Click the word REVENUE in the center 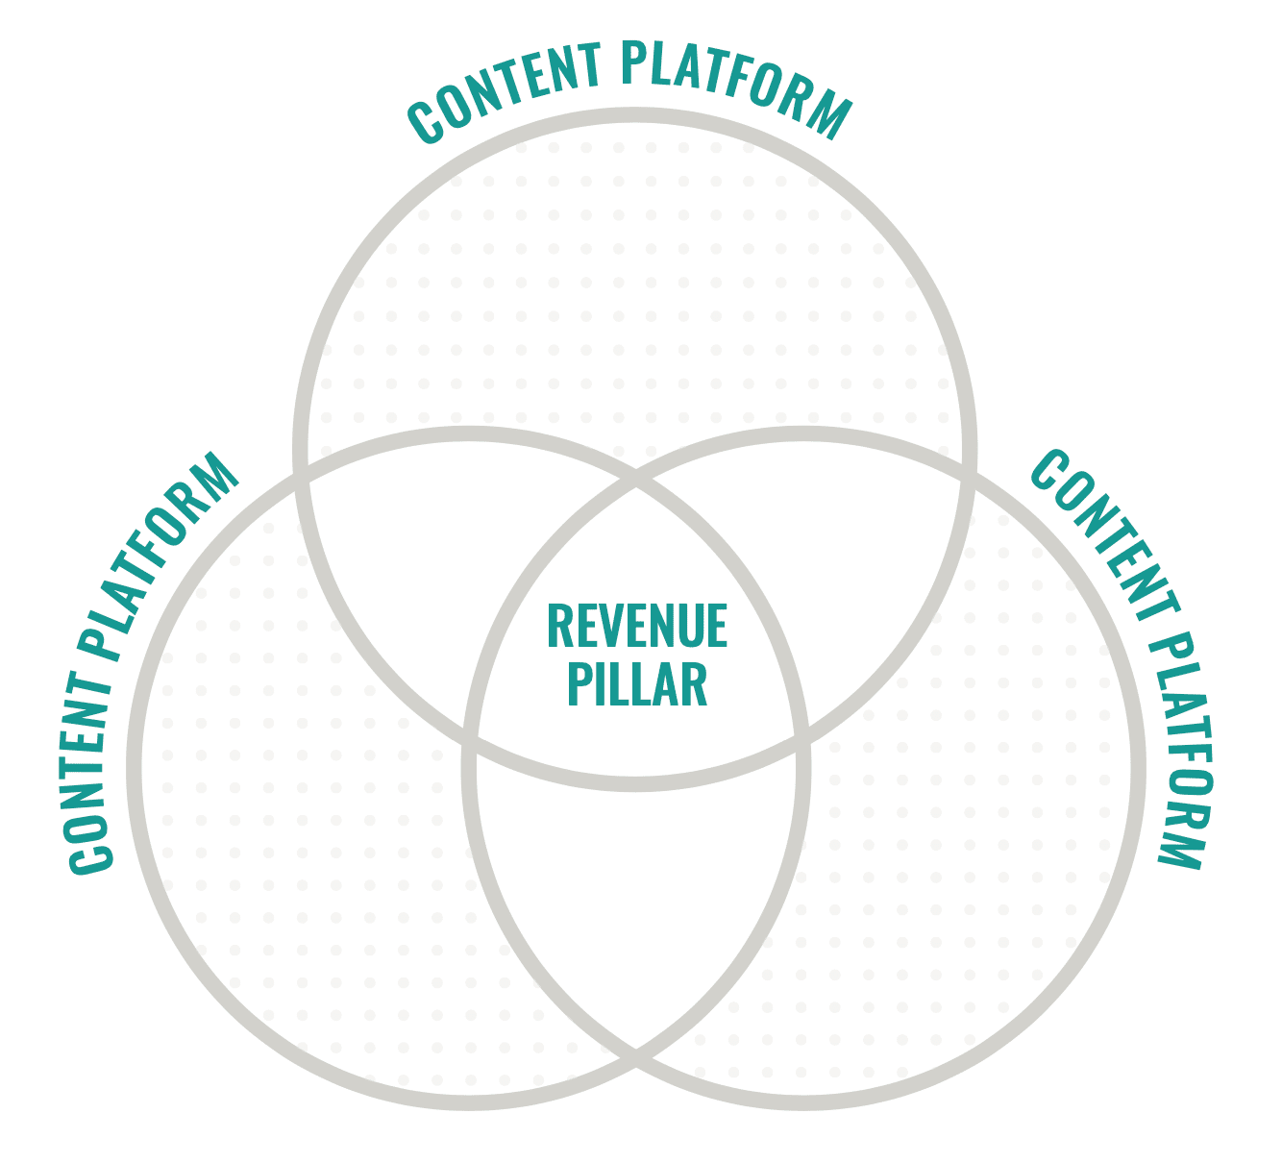[637, 626]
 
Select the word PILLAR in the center [637, 683]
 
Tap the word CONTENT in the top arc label [505, 91]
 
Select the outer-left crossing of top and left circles [301, 472]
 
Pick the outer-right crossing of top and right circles [970, 472]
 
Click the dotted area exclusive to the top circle [636, 287]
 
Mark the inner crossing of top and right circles [802, 740]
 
